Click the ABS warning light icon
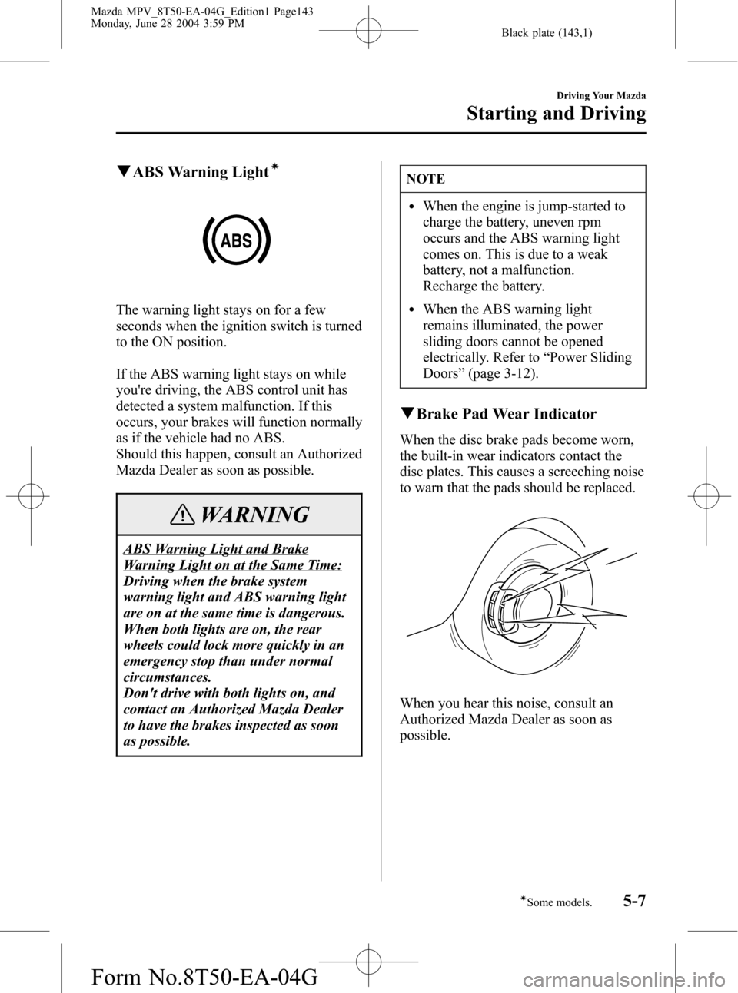click(x=237, y=240)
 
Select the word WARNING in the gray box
click(x=253, y=515)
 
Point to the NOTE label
click(x=426, y=179)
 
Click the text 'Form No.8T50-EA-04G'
click(x=163, y=975)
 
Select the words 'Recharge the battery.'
click(x=484, y=286)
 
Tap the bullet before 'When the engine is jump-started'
click(x=415, y=207)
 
